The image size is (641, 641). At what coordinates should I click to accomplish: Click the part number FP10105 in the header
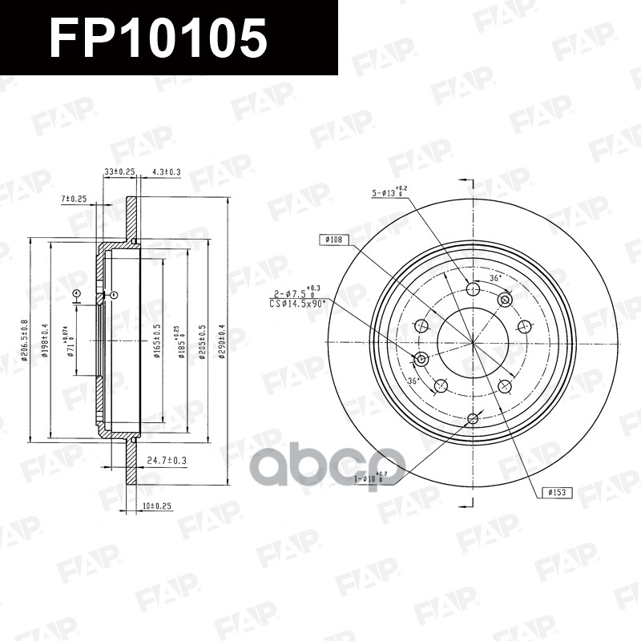coord(158,38)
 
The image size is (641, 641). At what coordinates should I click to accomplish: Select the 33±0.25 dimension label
coord(119,171)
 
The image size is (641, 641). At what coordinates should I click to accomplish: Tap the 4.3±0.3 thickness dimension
coord(166,171)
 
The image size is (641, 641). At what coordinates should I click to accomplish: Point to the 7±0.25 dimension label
coord(73,198)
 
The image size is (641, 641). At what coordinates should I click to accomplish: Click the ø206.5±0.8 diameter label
coord(25,340)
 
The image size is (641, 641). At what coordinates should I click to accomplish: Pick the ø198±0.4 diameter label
coord(46,340)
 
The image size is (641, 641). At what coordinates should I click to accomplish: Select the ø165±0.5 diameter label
coord(158,340)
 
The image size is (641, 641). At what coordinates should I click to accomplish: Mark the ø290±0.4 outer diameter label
coord(222,340)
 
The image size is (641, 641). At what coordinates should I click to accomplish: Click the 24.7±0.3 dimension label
coord(167,460)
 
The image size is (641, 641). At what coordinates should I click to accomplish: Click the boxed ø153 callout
coord(556,492)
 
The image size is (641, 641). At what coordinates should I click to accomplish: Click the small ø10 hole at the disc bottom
coord(472,418)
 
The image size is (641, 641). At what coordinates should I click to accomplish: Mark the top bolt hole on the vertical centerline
coord(472,289)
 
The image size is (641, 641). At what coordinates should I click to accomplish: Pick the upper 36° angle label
coord(495,278)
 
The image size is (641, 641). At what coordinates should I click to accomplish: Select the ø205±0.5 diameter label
coord(202,340)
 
